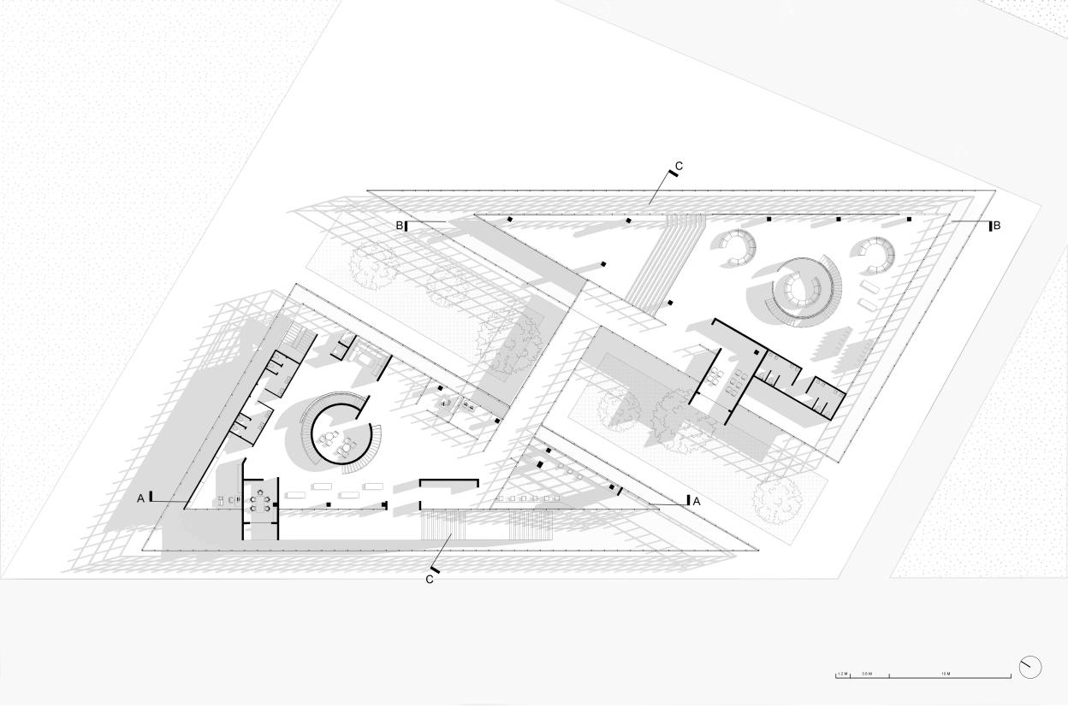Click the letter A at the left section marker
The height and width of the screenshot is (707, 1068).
pos(141,498)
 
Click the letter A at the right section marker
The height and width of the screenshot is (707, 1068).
pos(696,502)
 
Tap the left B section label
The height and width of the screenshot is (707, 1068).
pos(399,226)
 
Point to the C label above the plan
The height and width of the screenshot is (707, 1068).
pos(679,165)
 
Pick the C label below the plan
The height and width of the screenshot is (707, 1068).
pos(430,580)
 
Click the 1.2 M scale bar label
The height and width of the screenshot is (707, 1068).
pos(842,674)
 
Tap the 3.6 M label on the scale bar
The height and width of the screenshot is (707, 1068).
pos(867,674)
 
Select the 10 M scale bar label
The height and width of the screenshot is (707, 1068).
pos(945,674)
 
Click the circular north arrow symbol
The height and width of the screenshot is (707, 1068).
pos(1030,667)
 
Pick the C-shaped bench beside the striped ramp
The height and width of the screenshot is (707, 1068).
pos(736,247)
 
